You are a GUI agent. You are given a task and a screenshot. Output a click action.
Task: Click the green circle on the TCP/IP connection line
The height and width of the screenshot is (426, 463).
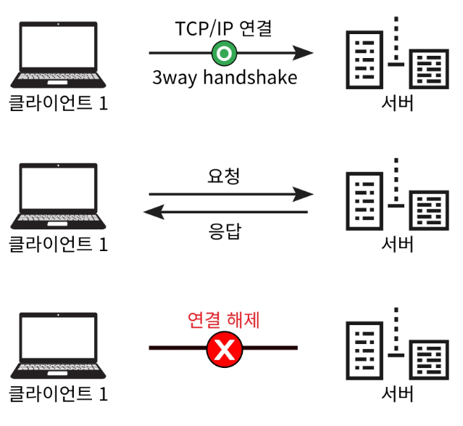[224, 53]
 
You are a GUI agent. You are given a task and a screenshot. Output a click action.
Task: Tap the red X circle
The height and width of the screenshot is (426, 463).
[225, 351]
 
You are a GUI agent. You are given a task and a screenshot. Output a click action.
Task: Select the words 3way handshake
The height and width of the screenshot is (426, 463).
[225, 78]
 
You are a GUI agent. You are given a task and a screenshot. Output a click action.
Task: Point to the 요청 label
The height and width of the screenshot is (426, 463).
[223, 176]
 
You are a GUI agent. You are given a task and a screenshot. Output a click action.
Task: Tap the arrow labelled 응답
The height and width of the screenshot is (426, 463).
[225, 212]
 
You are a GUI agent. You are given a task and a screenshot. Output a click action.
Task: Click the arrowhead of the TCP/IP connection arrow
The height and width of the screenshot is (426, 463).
[304, 53]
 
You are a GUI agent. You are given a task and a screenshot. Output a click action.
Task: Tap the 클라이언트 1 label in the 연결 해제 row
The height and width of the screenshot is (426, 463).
[58, 394]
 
